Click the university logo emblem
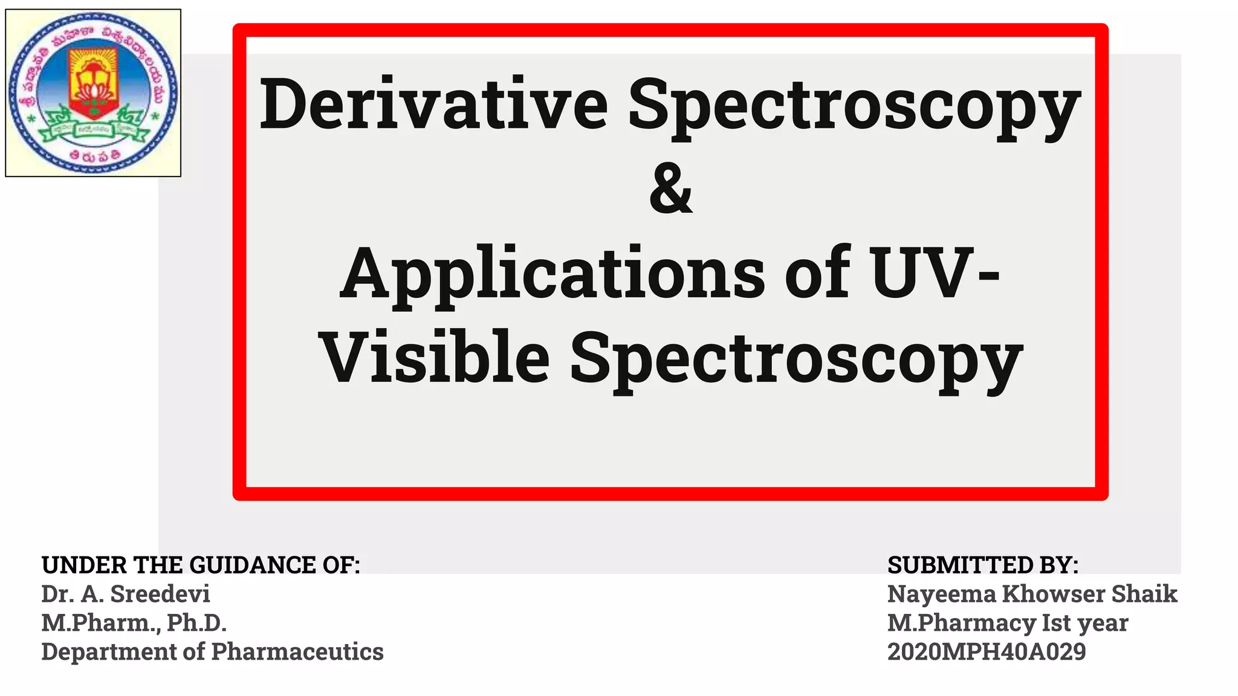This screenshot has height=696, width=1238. point(93,92)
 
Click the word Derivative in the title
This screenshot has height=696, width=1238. point(433,104)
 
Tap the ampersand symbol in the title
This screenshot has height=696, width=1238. point(670,189)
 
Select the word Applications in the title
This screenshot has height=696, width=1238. point(553,274)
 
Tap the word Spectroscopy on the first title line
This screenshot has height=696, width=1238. point(854,106)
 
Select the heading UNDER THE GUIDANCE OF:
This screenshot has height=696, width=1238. point(200,565)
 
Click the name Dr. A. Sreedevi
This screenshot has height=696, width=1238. point(126,594)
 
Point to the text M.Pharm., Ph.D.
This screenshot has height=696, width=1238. point(134,623)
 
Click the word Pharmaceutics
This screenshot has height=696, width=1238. point(297,652)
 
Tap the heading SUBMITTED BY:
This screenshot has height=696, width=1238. point(982,565)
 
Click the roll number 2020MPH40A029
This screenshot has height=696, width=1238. point(986,652)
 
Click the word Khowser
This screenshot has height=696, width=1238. point(1054,594)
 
